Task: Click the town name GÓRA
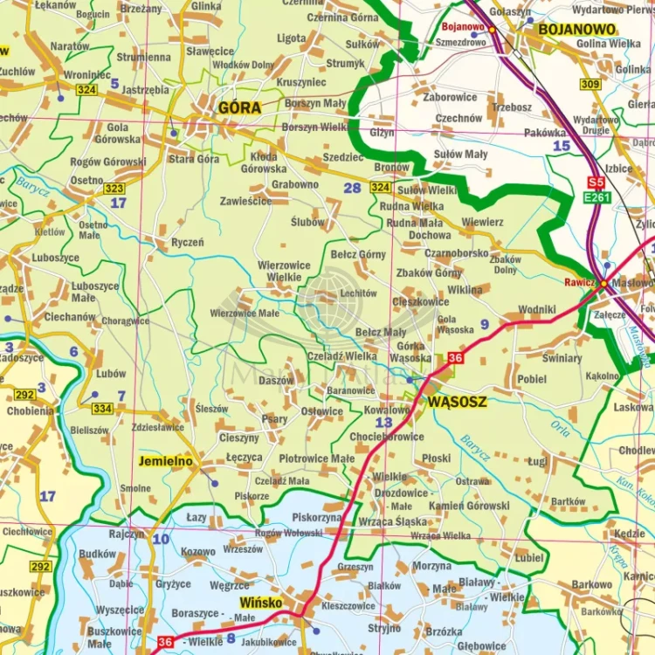(x=239, y=107)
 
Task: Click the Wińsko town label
(x=262, y=603)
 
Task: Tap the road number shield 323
(x=114, y=188)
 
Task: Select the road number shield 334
(x=102, y=408)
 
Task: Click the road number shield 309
(x=590, y=84)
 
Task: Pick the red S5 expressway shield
(x=596, y=182)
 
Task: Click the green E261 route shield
(x=598, y=197)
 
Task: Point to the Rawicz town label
(x=579, y=282)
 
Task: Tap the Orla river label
(x=560, y=427)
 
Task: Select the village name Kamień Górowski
(x=469, y=506)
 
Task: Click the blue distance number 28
(x=352, y=188)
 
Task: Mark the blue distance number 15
(x=561, y=146)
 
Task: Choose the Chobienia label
(x=30, y=410)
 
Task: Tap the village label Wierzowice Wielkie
(x=279, y=271)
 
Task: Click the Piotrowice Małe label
(x=317, y=458)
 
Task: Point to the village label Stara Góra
(x=194, y=159)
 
